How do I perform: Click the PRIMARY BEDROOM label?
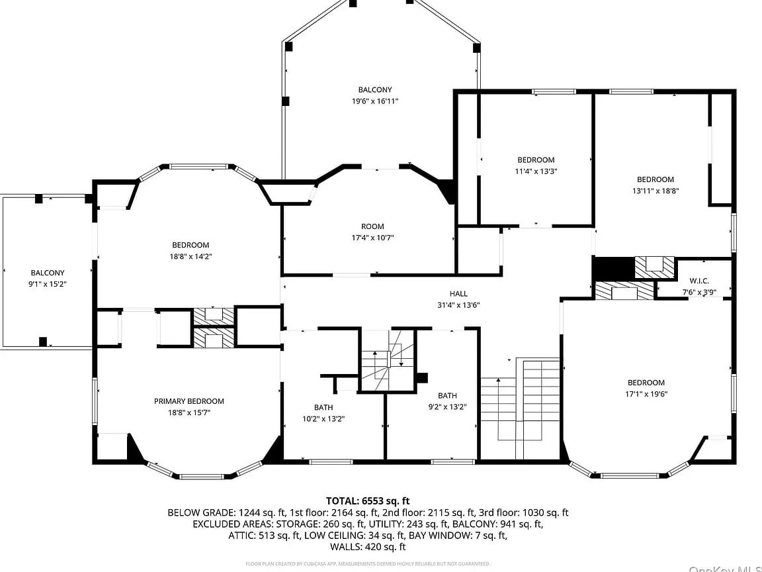189,401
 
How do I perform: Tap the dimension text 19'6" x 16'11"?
375,101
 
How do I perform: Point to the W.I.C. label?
699,281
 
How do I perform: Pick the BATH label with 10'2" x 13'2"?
323,407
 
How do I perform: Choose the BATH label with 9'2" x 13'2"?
447,396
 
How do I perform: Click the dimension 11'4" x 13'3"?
536,171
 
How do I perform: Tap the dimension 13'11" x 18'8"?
656,191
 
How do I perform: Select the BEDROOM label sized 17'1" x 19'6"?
646,383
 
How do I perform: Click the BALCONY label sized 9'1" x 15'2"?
48,273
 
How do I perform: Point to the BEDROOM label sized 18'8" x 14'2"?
190,245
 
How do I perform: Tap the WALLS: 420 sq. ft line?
368,547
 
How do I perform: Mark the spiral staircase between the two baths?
387,360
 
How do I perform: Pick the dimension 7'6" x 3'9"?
699,292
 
